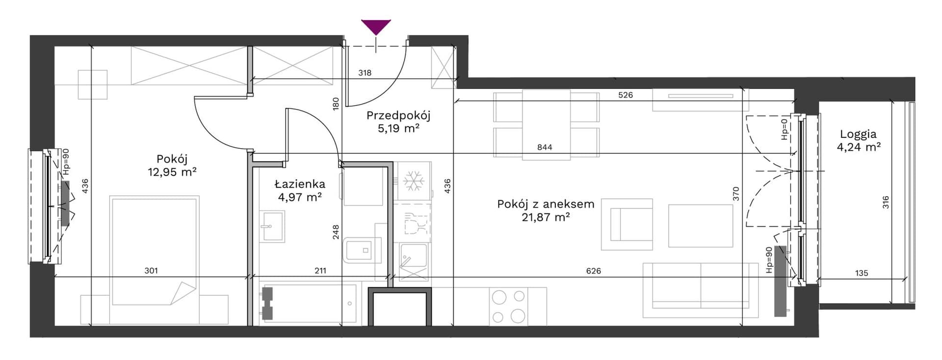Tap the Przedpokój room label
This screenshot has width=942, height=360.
pos(398,116)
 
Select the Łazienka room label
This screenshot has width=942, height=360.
pos(299,184)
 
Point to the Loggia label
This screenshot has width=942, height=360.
pos(858,134)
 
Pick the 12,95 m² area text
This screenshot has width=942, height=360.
pos(172,172)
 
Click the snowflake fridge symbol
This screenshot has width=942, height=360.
pos(413,181)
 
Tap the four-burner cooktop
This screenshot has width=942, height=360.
pos(508,306)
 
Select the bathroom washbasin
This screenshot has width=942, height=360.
pos(271,226)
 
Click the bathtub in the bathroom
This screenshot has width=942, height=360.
pos(309,303)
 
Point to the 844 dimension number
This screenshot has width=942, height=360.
pos(545,147)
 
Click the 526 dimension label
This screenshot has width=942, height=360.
pos(626,95)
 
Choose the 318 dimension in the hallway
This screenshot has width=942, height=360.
pos(365,73)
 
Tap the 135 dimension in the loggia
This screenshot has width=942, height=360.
pos(862,273)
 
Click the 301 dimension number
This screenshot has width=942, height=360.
pos(151,270)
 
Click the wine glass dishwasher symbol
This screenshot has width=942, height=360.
pos(414,224)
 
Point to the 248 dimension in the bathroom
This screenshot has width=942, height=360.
pos(336,231)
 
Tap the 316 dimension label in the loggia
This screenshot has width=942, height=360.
pos(886,202)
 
